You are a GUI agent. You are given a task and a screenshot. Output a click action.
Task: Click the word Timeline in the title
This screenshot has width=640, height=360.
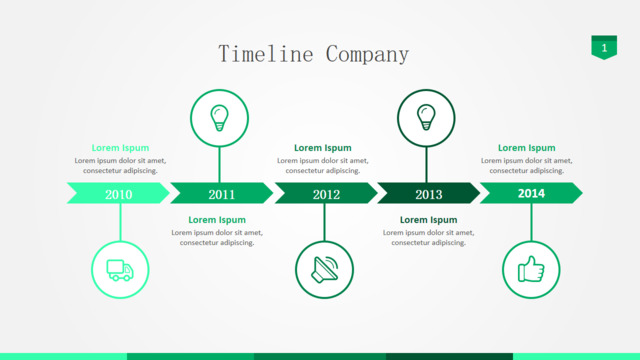pos(266,54)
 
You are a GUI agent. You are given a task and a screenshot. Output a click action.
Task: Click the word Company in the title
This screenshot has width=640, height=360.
pos(367,55)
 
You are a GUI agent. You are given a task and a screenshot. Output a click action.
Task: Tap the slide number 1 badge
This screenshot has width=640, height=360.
pos(604,47)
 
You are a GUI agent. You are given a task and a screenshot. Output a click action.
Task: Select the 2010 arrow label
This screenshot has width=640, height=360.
pos(119,194)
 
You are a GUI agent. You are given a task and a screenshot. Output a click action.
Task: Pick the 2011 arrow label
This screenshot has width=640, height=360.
pos(222,194)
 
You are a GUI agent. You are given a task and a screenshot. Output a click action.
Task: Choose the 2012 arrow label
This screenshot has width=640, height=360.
pos(326,194)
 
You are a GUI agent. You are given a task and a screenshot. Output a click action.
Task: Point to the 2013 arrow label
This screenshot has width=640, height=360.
pos(429,194)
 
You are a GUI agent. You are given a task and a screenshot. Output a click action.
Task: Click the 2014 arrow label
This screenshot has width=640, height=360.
pos(531,193)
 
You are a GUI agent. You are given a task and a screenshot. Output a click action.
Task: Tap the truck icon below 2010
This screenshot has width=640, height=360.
pos(120,270)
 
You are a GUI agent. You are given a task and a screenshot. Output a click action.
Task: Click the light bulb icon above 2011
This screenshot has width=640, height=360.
pos(219,118)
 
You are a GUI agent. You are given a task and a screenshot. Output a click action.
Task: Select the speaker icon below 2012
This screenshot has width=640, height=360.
pos(325,269)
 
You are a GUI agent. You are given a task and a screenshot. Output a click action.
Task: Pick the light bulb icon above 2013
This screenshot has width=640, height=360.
pos(426,117)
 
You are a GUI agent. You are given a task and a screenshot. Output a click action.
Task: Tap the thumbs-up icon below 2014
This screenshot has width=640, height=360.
pos(531,269)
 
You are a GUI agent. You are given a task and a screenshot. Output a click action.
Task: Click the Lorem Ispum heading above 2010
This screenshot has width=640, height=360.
pos(120,148)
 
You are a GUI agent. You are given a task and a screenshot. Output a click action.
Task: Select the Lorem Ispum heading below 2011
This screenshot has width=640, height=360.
pos(217,220)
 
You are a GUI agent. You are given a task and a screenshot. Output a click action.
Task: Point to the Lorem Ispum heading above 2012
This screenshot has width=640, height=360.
pos(323,148)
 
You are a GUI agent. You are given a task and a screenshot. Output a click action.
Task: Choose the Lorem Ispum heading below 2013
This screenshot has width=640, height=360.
pos(429,220)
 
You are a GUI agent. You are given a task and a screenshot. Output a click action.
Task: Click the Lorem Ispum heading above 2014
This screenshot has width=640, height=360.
pos(527,148)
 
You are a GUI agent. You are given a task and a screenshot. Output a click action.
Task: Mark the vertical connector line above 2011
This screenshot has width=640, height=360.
pos(220,164)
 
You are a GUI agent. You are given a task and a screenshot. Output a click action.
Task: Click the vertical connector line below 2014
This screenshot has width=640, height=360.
pos(531,222)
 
